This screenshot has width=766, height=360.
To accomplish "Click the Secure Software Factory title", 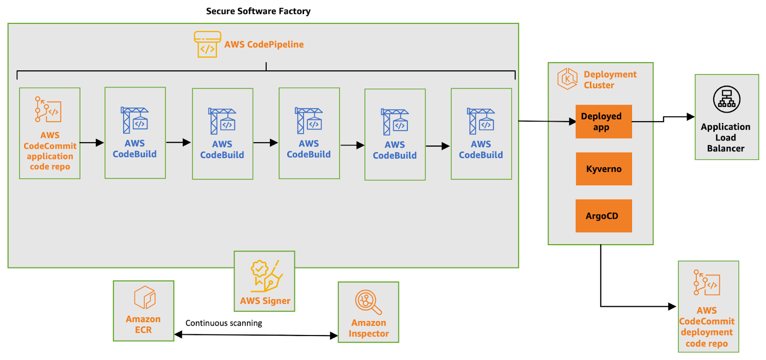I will [x=258, y=11].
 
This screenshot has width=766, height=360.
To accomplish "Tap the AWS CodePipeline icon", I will [x=207, y=45].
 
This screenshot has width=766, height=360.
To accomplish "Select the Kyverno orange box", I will [x=604, y=169].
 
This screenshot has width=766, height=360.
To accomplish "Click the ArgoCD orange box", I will [x=604, y=216].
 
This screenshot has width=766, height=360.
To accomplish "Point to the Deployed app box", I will [x=604, y=122].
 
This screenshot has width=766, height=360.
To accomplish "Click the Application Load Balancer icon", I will [x=726, y=100].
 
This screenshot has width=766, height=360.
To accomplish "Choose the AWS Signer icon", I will [x=265, y=276].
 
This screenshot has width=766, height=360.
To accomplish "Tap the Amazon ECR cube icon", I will [x=144, y=297].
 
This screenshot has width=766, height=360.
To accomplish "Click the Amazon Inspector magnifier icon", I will [x=368, y=302].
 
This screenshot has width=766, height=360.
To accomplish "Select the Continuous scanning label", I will [x=224, y=323].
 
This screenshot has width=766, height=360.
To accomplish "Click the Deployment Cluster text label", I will [x=610, y=80].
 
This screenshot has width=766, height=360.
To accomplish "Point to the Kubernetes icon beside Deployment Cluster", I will [x=567, y=79].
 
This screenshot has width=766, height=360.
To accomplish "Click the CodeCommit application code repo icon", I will [x=48, y=110].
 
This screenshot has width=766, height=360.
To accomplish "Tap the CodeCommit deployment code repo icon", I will [x=707, y=283].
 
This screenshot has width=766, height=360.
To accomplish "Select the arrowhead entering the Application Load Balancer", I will [x=690, y=116].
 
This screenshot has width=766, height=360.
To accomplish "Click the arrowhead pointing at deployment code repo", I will [x=673, y=306].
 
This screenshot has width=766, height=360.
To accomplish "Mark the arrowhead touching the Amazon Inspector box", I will [x=334, y=336].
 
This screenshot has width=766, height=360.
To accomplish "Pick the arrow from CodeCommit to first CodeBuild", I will [x=92, y=143].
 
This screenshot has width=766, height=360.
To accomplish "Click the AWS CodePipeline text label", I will [x=264, y=45].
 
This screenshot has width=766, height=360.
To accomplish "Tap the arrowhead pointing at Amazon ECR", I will [x=178, y=335].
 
